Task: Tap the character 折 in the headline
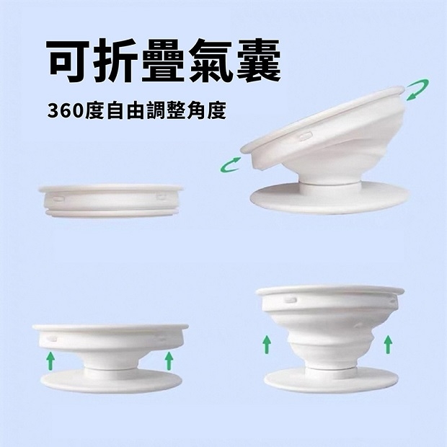tap(118, 63)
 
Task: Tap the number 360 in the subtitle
tap(66, 113)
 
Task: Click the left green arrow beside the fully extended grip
tap(266, 343)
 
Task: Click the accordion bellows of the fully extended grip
tap(328, 335)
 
